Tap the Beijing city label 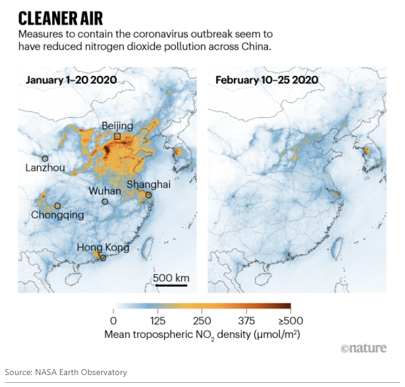coord(117,125)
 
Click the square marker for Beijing coord(117,137)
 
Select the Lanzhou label coord(45,168)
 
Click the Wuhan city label coord(105,191)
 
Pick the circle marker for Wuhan coord(105,201)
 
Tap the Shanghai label coord(148,185)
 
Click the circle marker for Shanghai coord(148,195)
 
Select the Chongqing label coord(57,215)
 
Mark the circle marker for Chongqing coord(57,205)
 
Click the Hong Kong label coord(102,247)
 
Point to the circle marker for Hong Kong coord(103,258)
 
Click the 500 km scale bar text coord(171,278)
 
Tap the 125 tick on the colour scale coord(158,321)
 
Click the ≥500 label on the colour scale coord(290,321)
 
